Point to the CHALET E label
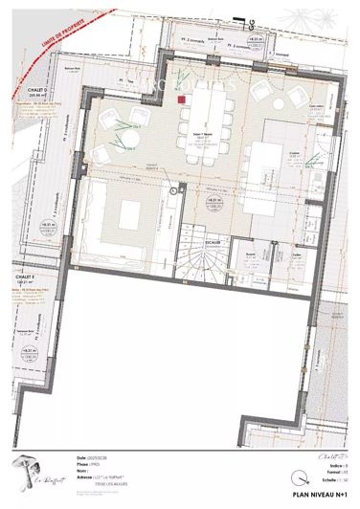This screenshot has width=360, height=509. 25,278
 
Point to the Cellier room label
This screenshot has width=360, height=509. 270,254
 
